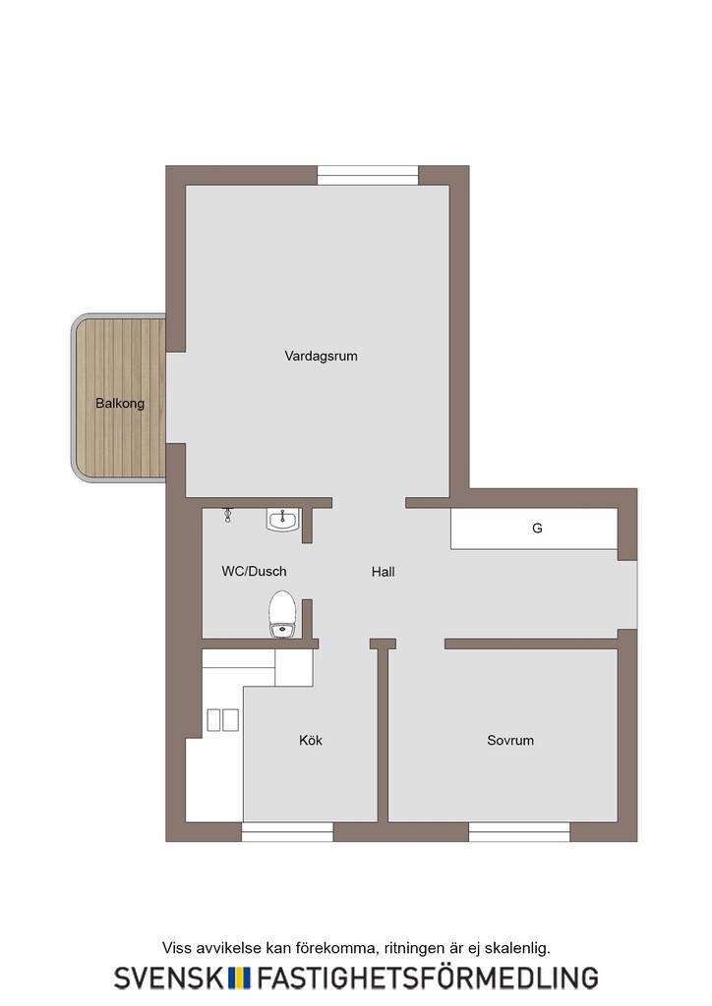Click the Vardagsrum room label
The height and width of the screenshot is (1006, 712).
[x=321, y=356]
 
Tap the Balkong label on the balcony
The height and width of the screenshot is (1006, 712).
[x=120, y=404]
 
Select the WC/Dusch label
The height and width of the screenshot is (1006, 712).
[x=255, y=571]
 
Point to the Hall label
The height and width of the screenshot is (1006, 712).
[x=384, y=572]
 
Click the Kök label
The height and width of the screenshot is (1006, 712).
[x=311, y=740]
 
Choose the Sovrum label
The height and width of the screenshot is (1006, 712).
[x=510, y=741]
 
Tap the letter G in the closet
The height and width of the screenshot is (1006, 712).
[x=537, y=528]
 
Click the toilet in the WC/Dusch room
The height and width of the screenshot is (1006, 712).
[x=282, y=615]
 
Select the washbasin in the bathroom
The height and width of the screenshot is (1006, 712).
[x=282, y=519]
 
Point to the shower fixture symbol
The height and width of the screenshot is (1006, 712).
[x=227, y=515]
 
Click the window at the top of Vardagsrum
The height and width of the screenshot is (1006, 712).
[x=368, y=175]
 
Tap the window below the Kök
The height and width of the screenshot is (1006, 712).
[x=287, y=831]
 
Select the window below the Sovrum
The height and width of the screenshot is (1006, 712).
[x=519, y=831]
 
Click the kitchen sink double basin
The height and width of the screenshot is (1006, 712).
[x=223, y=720]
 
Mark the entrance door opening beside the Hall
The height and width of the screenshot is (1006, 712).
[x=627, y=594]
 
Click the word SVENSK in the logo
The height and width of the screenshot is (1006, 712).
[x=169, y=978]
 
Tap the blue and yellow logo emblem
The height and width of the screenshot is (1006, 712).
[x=240, y=978]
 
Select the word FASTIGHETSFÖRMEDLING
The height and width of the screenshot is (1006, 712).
[x=428, y=978]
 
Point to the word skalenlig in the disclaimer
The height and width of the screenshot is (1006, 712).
[x=517, y=948]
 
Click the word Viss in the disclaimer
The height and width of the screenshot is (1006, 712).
[x=176, y=948]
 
